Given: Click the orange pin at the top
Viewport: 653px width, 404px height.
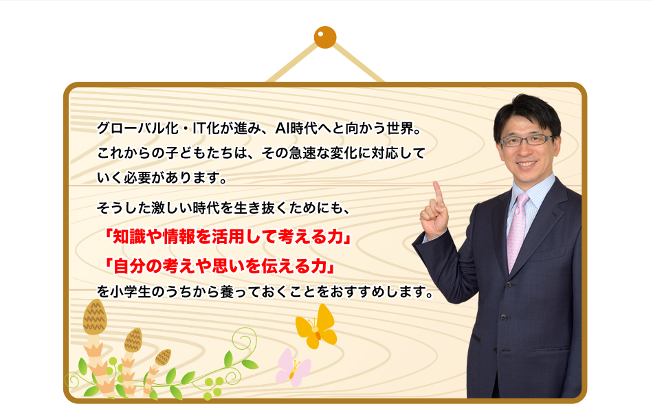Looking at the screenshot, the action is coord(325,37).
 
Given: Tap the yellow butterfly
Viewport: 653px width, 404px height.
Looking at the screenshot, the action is coord(316,326).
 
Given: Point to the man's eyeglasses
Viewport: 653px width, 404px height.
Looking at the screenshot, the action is coord(527,140).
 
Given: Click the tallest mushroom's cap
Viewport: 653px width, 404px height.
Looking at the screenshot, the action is coord(95,317).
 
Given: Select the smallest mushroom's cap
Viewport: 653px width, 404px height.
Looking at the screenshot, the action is coord(163,357).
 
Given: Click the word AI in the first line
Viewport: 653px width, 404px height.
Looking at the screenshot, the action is coord(282,128).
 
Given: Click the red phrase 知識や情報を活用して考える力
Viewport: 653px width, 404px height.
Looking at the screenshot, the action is coord(228,237).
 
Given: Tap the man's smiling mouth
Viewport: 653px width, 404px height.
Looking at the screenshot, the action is coord(527,164).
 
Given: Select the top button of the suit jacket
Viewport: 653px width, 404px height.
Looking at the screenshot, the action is coord(508,285).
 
